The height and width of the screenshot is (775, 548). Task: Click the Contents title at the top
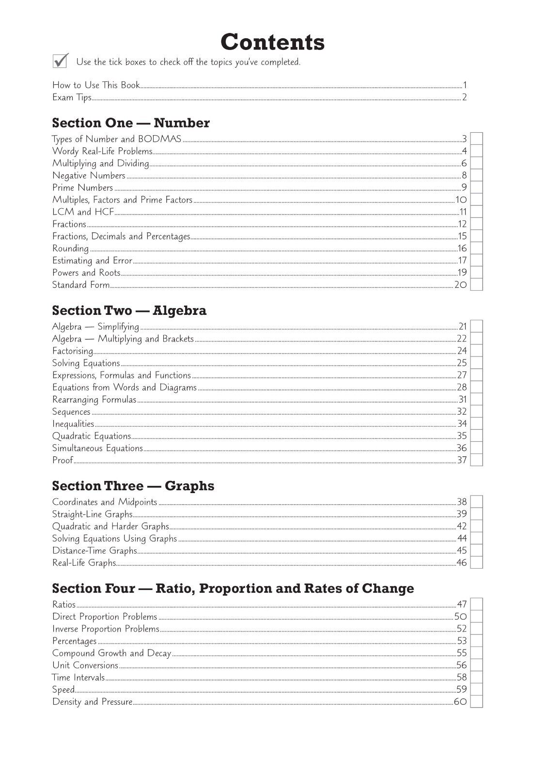click(272, 42)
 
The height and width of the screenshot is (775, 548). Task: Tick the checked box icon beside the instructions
click(60, 61)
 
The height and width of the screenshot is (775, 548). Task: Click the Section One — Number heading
click(131, 123)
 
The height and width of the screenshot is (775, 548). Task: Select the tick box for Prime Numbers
click(477, 188)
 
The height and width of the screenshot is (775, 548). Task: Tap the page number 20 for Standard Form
click(460, 285)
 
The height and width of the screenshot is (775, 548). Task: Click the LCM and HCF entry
click(83, 212)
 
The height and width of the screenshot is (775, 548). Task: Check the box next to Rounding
click(477, 248)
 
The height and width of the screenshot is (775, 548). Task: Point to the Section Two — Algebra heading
click(129, 310)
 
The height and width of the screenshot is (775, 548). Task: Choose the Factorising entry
click(73, 351)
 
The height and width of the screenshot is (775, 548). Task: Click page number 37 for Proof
click(462, 460)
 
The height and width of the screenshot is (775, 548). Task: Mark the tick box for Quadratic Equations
click(477, 436)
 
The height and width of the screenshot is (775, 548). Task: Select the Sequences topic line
click(71, 412)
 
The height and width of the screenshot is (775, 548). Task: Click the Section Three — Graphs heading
click(133, 486)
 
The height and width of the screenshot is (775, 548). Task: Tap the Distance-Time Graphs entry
click(94, 551)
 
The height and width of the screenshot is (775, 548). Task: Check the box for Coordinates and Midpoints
click(477, 502)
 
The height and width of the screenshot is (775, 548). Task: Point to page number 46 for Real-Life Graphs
click(462, 563)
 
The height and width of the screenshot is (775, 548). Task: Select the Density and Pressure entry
click(92, 702)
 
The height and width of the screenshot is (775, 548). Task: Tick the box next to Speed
click(477, 689)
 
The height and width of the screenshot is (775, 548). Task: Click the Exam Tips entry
click(72, 97)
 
